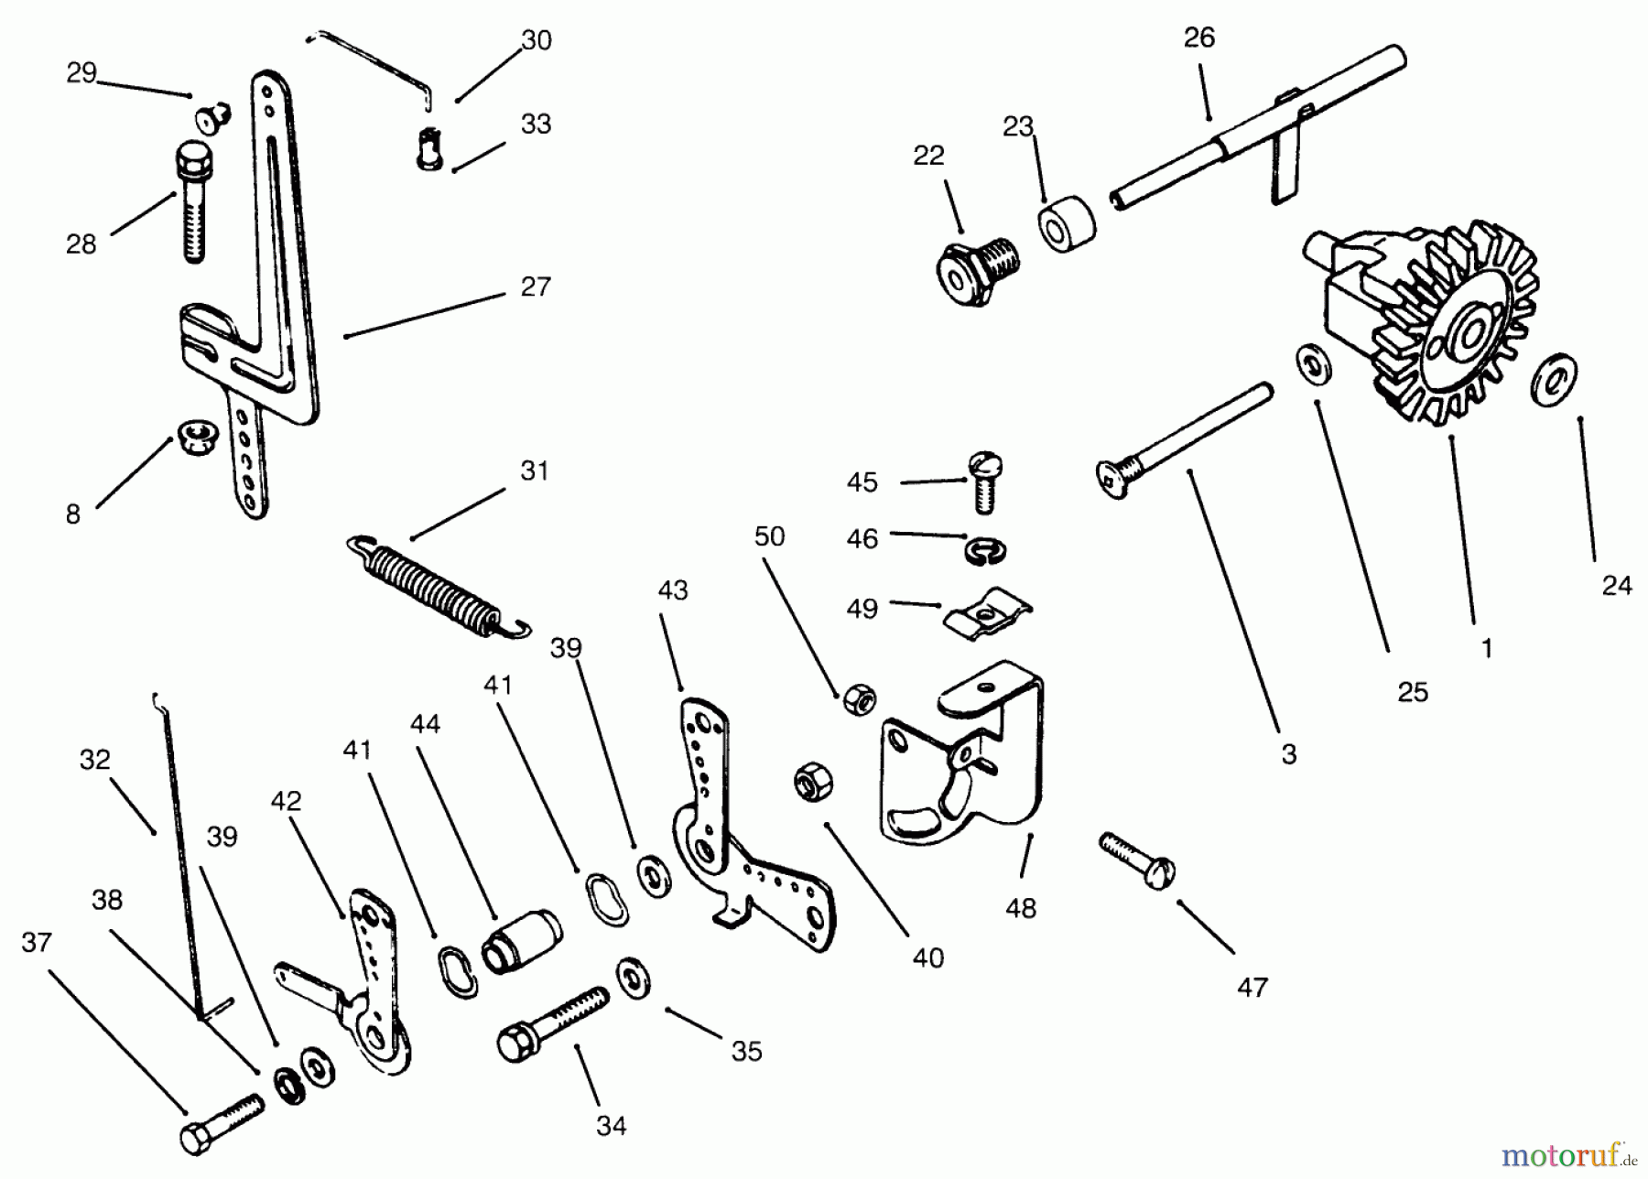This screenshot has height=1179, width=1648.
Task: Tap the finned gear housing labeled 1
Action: [1428, 320]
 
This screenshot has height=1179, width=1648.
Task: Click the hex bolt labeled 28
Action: [191, 203]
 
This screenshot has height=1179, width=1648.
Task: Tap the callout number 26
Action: [1198, 38]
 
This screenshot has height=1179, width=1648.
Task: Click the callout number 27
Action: [535, 287]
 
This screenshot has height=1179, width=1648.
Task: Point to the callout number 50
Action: [769, 536]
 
